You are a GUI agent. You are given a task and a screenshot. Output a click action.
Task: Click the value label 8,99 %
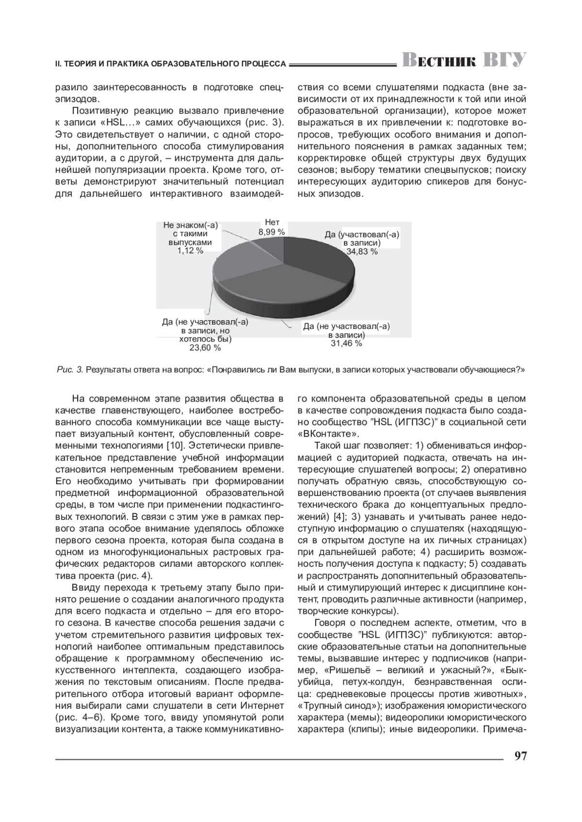click(x=272, y=232)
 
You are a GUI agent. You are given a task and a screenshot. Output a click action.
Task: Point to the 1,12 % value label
click(x=190, y=250)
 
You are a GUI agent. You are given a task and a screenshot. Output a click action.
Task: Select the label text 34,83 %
click(x=362, y=252)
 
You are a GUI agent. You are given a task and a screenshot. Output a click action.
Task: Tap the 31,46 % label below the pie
click(x=346, y=343)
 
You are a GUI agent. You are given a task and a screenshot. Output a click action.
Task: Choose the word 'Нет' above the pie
click(x=272, y=223)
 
